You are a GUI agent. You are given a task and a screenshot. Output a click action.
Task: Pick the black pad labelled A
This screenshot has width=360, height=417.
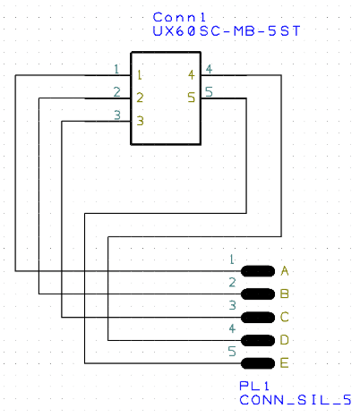coord(258,271)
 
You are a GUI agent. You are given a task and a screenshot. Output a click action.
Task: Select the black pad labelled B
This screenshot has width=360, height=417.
coord(258,294)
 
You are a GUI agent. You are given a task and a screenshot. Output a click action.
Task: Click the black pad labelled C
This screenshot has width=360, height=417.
coord(258,317)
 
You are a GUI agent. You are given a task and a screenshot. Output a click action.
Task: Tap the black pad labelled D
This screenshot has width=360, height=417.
coord(258,340)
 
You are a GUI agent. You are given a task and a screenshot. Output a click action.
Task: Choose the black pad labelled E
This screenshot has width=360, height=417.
coord(258,362)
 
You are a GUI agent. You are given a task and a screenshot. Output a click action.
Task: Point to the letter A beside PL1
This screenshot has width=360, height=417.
coord(285,271)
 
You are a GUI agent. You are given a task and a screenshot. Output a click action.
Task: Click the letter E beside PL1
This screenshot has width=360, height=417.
coord(285,362)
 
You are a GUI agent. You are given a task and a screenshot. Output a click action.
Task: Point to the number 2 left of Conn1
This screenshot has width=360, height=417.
coord(117,91)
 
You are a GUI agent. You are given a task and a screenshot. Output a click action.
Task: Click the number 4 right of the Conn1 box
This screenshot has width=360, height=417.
coord(209,69)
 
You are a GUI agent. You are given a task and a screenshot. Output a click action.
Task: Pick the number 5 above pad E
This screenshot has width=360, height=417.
coord(232,353)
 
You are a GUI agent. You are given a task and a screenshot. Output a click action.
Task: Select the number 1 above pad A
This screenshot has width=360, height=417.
coord(232,260)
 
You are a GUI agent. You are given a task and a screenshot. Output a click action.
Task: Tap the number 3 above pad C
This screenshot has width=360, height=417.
coord(232,306)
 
